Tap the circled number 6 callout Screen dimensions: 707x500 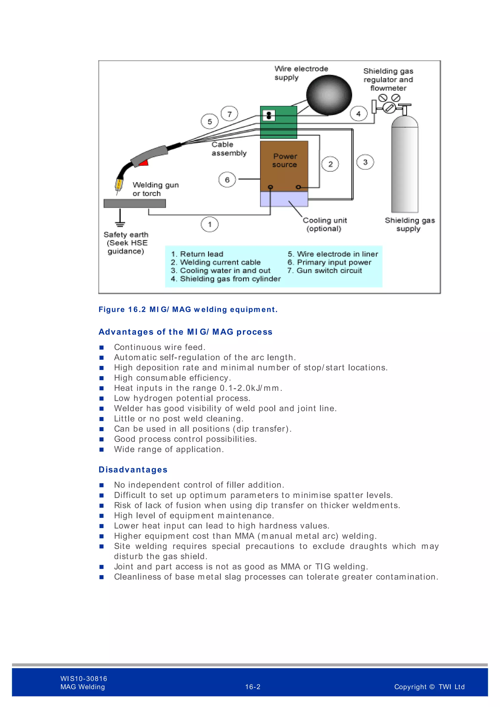click(x=227, y=180)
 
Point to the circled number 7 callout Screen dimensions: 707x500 click(x=229, y=114)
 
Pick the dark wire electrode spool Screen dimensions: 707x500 click(x=329, y=95)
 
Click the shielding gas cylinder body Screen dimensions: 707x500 click(x=405, y=166)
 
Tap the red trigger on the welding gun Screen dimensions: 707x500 click(x=144, y=163)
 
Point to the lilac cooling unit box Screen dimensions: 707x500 click(x=284, y=199)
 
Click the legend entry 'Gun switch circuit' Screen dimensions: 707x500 click(x=325, y=271)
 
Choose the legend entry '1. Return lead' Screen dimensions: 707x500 click(x=197, y=254)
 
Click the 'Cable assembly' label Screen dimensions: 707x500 click(x=229, y=149)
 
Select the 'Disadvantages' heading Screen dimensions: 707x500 click(x=133, y=470)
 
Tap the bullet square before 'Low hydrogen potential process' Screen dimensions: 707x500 click(x=102, y=398)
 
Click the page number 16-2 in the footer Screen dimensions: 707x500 click(x=252, y=687)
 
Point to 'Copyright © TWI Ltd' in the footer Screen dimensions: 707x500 click(x=429, y=687)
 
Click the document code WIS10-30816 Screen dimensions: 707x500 click(x=84, y=678)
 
